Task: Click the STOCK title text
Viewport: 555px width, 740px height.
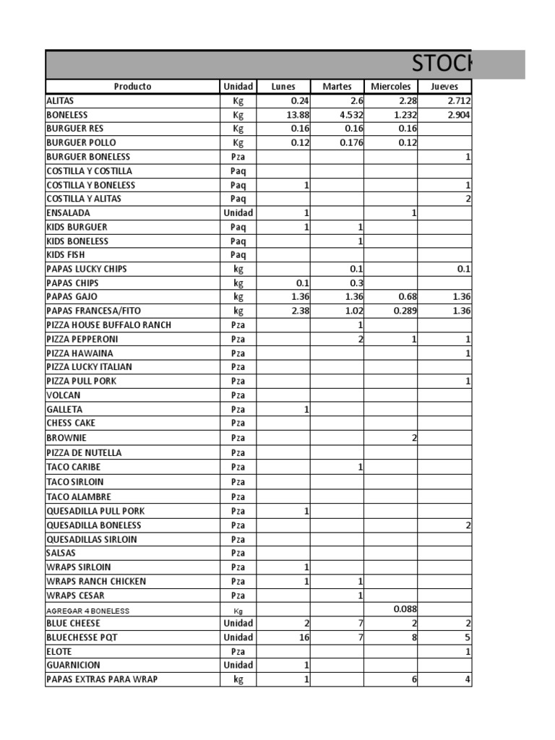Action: (442, 64)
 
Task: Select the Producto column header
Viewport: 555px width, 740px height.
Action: (133, 87)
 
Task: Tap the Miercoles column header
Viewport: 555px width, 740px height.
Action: (391, 87)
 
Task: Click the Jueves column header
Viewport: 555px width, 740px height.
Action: (444, 87)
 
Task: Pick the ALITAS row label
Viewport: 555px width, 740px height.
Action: (60, 100)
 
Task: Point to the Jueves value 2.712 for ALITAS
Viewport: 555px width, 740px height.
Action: (457, 100)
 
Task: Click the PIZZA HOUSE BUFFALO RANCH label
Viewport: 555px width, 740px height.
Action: (109, 324)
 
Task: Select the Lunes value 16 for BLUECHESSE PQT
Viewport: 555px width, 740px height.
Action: (304, 637)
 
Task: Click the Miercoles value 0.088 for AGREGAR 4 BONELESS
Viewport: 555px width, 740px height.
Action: (405, 609)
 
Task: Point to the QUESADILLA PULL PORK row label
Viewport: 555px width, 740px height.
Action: (95, 511)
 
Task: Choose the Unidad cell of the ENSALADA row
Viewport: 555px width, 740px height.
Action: (238, 213)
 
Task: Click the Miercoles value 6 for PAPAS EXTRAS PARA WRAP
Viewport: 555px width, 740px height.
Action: (414, 679)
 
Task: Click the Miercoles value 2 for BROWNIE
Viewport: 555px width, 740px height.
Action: (414, 438)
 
